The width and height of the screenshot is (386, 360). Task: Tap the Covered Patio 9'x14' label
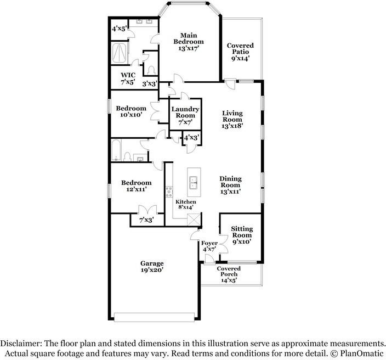(x=240, y=52)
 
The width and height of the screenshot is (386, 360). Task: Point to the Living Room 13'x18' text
(x=232, y=120)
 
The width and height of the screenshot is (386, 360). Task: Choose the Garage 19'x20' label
(x=152, y=267)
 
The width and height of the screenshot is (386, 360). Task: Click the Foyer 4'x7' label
(x=209, y=246)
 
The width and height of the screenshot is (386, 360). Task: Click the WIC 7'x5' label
(x=128, y=78)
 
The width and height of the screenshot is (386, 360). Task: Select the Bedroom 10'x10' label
(x=131, y=111)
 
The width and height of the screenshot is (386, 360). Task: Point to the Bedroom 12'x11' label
(x=137, y=186)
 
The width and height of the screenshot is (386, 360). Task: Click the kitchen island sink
(x=194, y=182)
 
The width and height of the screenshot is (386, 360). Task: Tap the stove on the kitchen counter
(x=169, y=192)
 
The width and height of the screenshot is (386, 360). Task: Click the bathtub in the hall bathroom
(x=116, y=150)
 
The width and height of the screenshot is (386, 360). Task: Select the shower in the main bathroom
(x=120, y=53)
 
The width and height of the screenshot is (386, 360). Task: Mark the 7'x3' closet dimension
(x=147, y=220)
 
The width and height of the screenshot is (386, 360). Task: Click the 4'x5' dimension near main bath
(x=120, y=29)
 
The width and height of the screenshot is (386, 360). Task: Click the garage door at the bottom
(x=155, y=317)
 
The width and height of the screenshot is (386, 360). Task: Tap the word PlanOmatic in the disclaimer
(x=362, y=353)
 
